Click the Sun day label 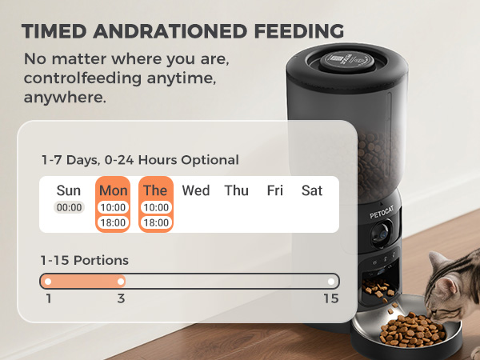click(x=69, y=190)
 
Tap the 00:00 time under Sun click(x=69, y=207)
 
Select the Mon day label click(x=113, y=190)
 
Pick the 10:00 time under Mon click(x=113, y=207)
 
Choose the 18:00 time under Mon click(x=113, y=222)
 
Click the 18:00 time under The click(x=155, y=222)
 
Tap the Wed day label click(x=196, y=190)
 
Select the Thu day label click(x=236, y=190)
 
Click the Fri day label click(x=274, y=190)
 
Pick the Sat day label click(x=312, y=190)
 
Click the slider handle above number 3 click(x=121, y=281)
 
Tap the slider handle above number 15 click(x=331, y=281)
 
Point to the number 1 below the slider click(x=49, y=298)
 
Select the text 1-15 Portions click(x=84, y=260)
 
